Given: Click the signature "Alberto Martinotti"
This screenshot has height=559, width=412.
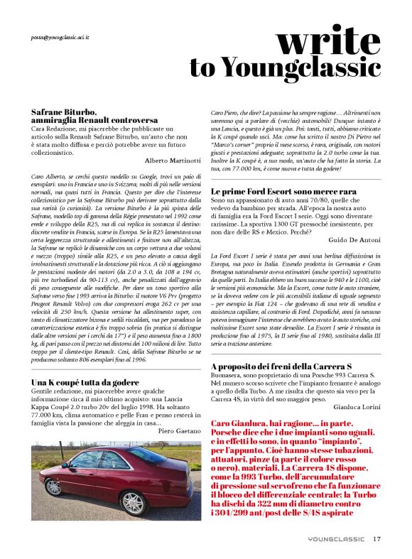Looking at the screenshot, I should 173,161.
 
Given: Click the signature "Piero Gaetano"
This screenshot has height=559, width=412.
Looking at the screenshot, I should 179,430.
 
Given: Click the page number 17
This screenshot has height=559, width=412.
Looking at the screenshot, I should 377,538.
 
